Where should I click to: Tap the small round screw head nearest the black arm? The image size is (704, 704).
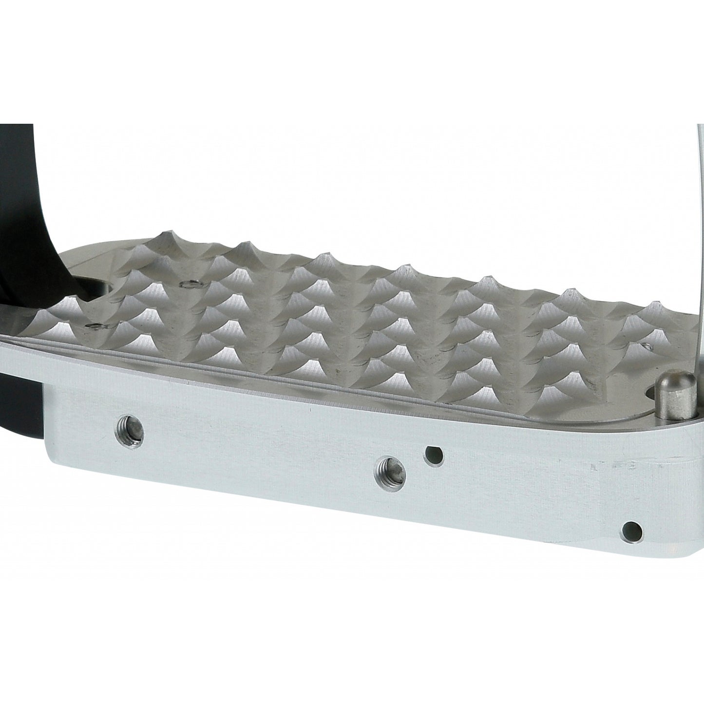click(187, 284)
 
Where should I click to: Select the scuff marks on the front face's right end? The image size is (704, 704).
click(609, 465)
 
